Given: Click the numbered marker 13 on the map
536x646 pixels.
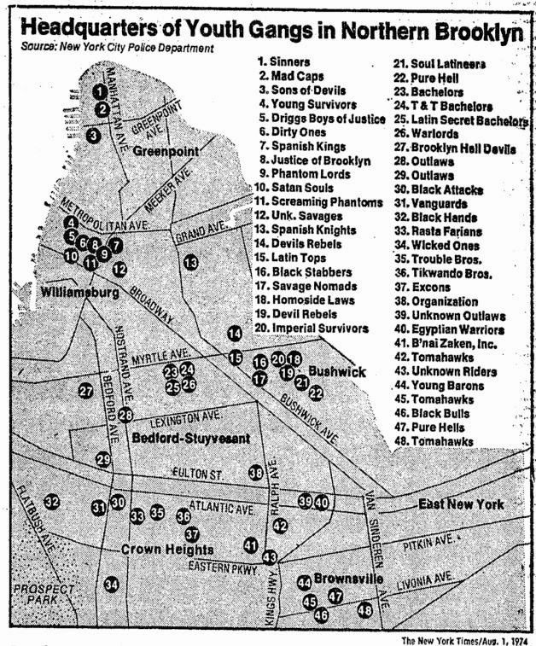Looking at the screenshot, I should click(x=190, y=262).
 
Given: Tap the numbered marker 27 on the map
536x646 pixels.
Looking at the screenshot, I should click(x=85, y=392).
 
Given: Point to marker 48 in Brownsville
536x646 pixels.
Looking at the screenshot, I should click(x=365, y=609).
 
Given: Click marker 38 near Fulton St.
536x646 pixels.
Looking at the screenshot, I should click(x=255, y=472).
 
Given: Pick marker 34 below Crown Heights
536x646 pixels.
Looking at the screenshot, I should click(x=111, y=585).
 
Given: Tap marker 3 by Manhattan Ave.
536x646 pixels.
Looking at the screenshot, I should click(x=94, y=134).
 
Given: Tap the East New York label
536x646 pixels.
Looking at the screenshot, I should click(x=461, y=504).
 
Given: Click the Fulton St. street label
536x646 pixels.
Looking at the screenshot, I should click(x=197, y=471).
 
